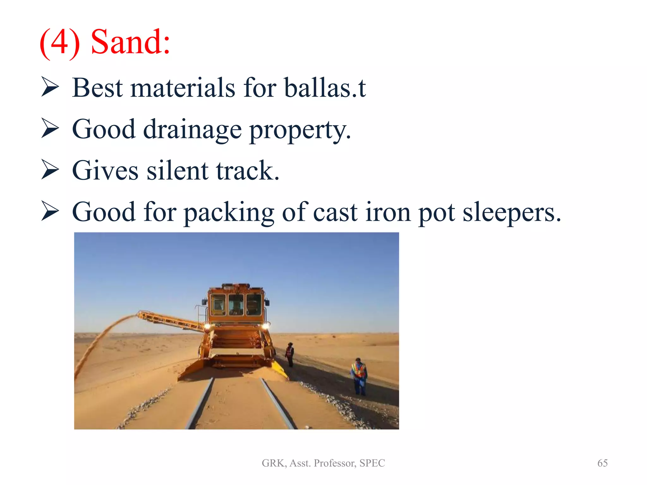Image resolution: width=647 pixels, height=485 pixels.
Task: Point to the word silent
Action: pos(177,171)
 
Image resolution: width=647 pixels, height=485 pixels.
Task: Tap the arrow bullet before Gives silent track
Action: pos(50,170)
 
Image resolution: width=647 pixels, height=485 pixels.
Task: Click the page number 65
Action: pos(602,463)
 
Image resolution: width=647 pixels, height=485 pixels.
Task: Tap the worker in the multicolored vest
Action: pos(359,376)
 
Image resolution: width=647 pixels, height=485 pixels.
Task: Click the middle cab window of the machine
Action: pos(236,305)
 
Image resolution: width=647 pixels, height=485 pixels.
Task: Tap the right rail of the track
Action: pos(278,404)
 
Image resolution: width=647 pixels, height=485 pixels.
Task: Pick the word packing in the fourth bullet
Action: pos(229,212)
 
